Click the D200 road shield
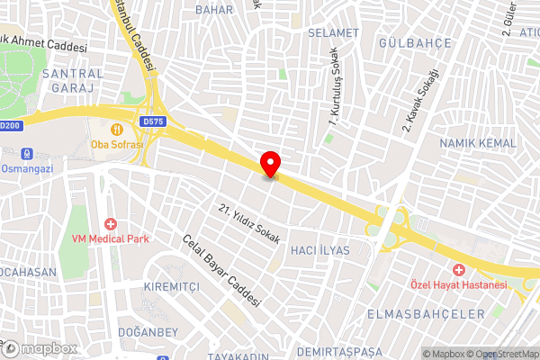[x=9, y=126]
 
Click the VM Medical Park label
[x=112, y=238]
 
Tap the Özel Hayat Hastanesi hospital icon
[x=458, y=270]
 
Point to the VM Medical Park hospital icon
[x=111, y=223]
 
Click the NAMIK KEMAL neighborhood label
[x=478, y=143]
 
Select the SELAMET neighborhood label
[x=333, y=32]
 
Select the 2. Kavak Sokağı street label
[x=419, y=99]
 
